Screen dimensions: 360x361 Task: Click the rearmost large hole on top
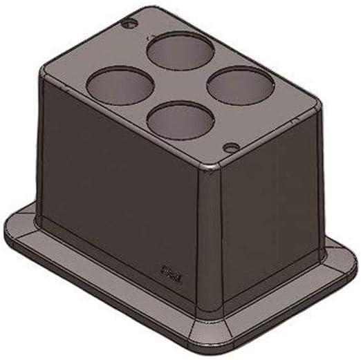coord(179,51)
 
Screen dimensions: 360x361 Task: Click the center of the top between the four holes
coord(179,86)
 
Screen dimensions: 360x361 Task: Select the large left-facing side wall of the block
coord(118,187)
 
